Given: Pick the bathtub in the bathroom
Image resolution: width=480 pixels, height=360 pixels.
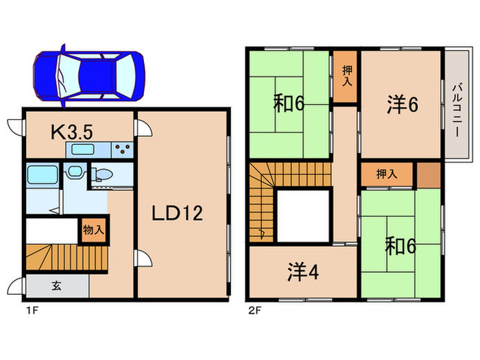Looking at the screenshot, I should (x=43, y=177).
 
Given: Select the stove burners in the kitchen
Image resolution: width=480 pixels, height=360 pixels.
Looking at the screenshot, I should (x=122, y=148).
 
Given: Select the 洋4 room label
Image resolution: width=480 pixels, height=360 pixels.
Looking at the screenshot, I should (x=302, y=273).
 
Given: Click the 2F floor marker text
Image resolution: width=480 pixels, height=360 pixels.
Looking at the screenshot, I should (x=254, y=310).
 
